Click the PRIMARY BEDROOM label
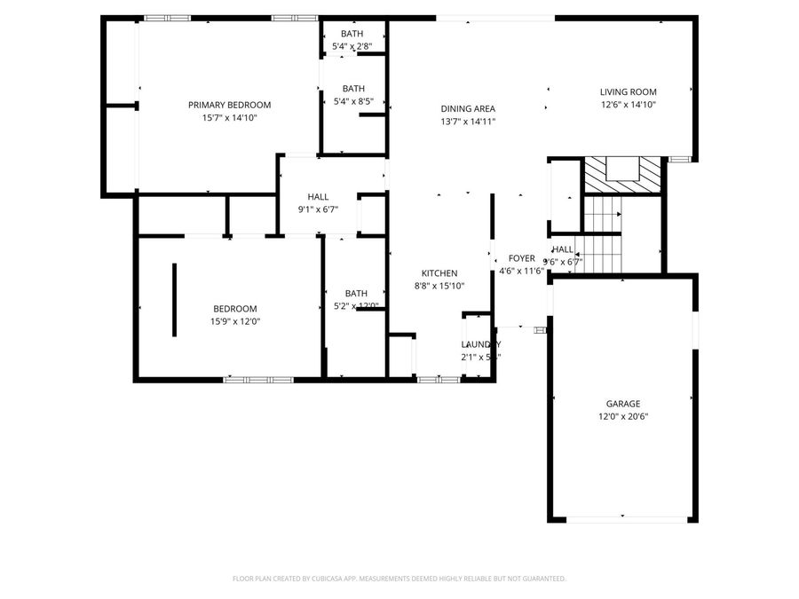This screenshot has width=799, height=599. pyautogui.click(x=229, y=105)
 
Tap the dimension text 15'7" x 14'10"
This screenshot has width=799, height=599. pyautogui.click(x=229, y=117)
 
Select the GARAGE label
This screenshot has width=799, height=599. pyautogui.click(x=622, y=403)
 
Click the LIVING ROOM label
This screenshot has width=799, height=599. pyautogui.click(x=628, y=91)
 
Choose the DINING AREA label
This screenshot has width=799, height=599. pyautogui.click(x=468, y=108)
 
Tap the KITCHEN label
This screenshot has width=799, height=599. pyautogui.click(x=439, y=273)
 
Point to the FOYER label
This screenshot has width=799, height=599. pyautogui.click(x=521, y=258)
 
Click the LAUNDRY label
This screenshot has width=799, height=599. pyautogui.click(x=480, y=344)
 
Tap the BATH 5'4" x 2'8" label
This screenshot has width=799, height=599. pyautogui.click(x=352, y=34)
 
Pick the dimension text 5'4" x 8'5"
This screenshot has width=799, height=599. pyautogui.click(x=353, y=101)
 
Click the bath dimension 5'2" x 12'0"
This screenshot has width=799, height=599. pyautogui.click(x=356, y=306)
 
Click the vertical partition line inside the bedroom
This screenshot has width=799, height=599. pyautogui.click(x=174, y=299)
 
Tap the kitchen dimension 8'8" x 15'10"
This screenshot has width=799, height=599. pyautogui.click(x=439, y=286)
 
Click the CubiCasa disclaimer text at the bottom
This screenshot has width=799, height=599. pyautogui.click(x=399, y=579)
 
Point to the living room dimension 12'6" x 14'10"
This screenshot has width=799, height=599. pyautogui.click(x=628, y=104)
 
